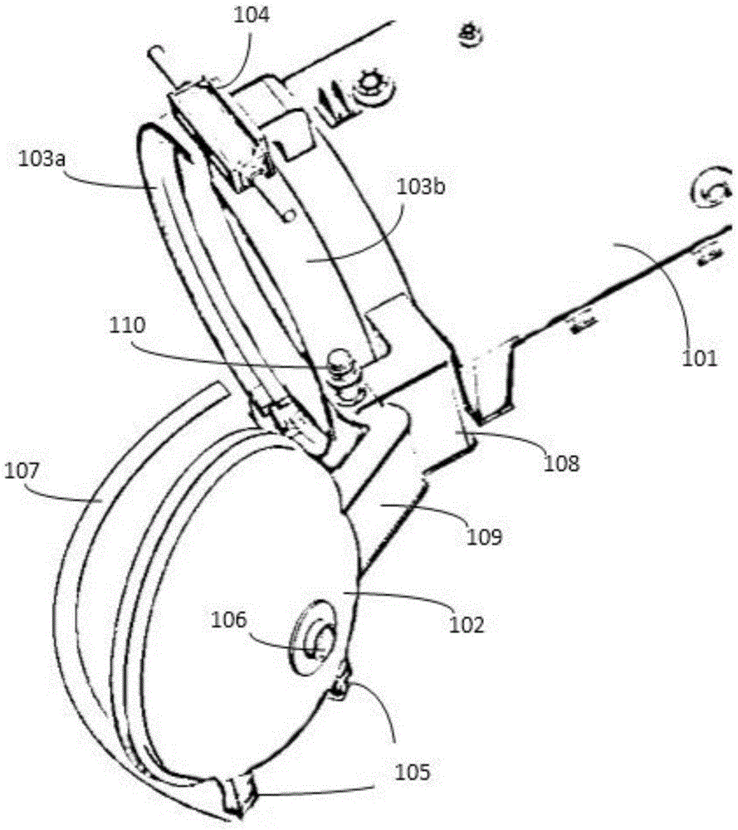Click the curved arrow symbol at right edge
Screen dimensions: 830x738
tap(711, 193)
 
